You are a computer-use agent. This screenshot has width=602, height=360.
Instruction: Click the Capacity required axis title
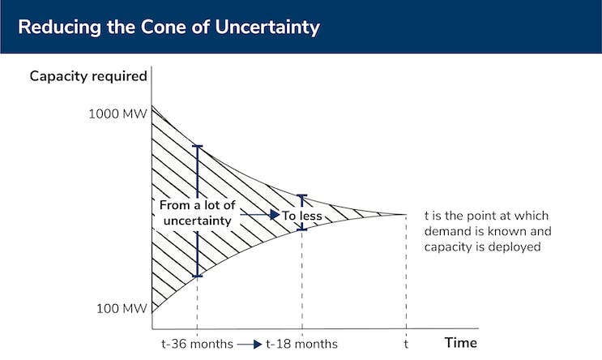[x=88, y=77]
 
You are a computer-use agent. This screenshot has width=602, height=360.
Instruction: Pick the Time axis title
[x=460, y=343]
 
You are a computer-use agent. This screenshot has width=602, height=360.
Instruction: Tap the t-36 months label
[x=197, y=344]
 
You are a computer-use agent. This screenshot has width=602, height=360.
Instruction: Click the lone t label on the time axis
[x=406, y=344]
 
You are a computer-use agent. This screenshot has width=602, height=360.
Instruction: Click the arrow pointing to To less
[x=267, y=215]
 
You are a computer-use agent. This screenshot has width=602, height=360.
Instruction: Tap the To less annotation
[x=302, y=216]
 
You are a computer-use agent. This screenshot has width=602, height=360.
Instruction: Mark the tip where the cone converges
[x=405, y=214]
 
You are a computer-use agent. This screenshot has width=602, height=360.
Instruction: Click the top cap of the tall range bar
[x=197, y=146]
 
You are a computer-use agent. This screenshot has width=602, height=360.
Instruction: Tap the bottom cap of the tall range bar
[x=197, y=276]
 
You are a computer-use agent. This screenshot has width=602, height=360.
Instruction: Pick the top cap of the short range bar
[x=302, y=195]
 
